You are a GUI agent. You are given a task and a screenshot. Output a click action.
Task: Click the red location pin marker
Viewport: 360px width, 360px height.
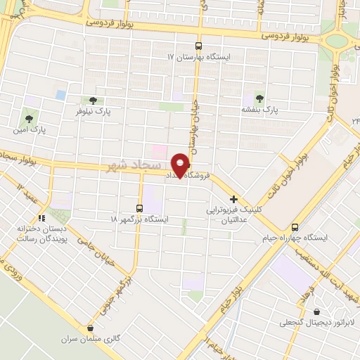tap(181, 164)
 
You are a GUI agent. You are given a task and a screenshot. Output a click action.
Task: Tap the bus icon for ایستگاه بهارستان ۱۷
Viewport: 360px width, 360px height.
tap(198, 43)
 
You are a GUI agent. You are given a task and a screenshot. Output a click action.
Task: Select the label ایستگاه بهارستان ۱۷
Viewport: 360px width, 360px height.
tap(198, 56)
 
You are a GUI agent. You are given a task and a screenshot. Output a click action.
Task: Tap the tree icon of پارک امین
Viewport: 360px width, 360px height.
tap(29, 118)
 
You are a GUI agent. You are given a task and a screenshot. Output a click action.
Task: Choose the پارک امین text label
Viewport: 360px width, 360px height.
tap(30, 130)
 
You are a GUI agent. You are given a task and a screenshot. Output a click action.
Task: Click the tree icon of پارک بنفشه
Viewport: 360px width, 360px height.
tap(261, 99)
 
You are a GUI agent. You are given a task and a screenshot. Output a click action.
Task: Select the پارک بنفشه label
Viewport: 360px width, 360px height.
tap(261, 110)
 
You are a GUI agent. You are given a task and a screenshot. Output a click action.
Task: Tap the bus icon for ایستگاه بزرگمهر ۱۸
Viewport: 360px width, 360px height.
tap(139, 207)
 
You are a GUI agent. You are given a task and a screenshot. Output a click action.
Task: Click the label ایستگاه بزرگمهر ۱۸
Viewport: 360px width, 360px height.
tap(139, 219)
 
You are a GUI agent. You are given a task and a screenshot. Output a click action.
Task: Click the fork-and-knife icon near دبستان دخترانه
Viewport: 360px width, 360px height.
tap(41, 218)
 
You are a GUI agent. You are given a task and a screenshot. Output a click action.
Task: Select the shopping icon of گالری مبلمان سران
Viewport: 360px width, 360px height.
tap(89, 328)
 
